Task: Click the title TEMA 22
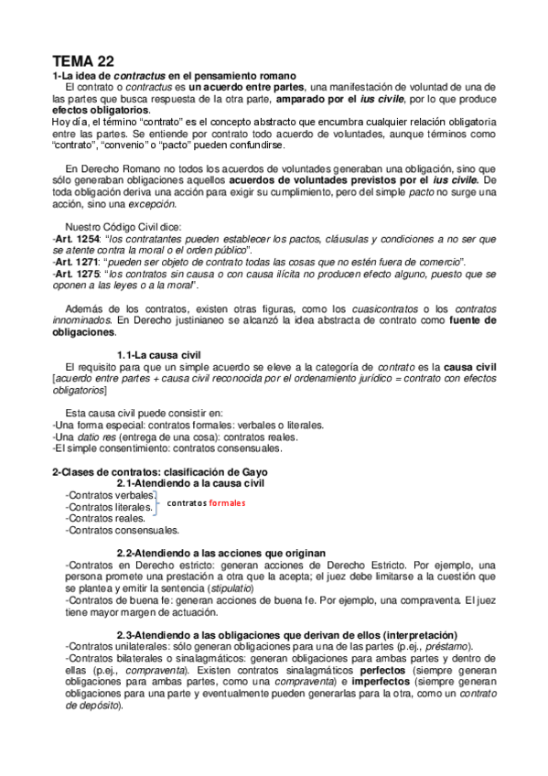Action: tap(83, 60)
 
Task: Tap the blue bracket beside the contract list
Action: tap(157, 501)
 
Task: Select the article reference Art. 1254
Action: tap(75, 238)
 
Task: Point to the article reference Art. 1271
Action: tap(75, 261)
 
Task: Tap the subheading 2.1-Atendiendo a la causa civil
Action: tap(190, 483)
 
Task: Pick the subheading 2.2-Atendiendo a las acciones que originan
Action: tap(220, 554)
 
